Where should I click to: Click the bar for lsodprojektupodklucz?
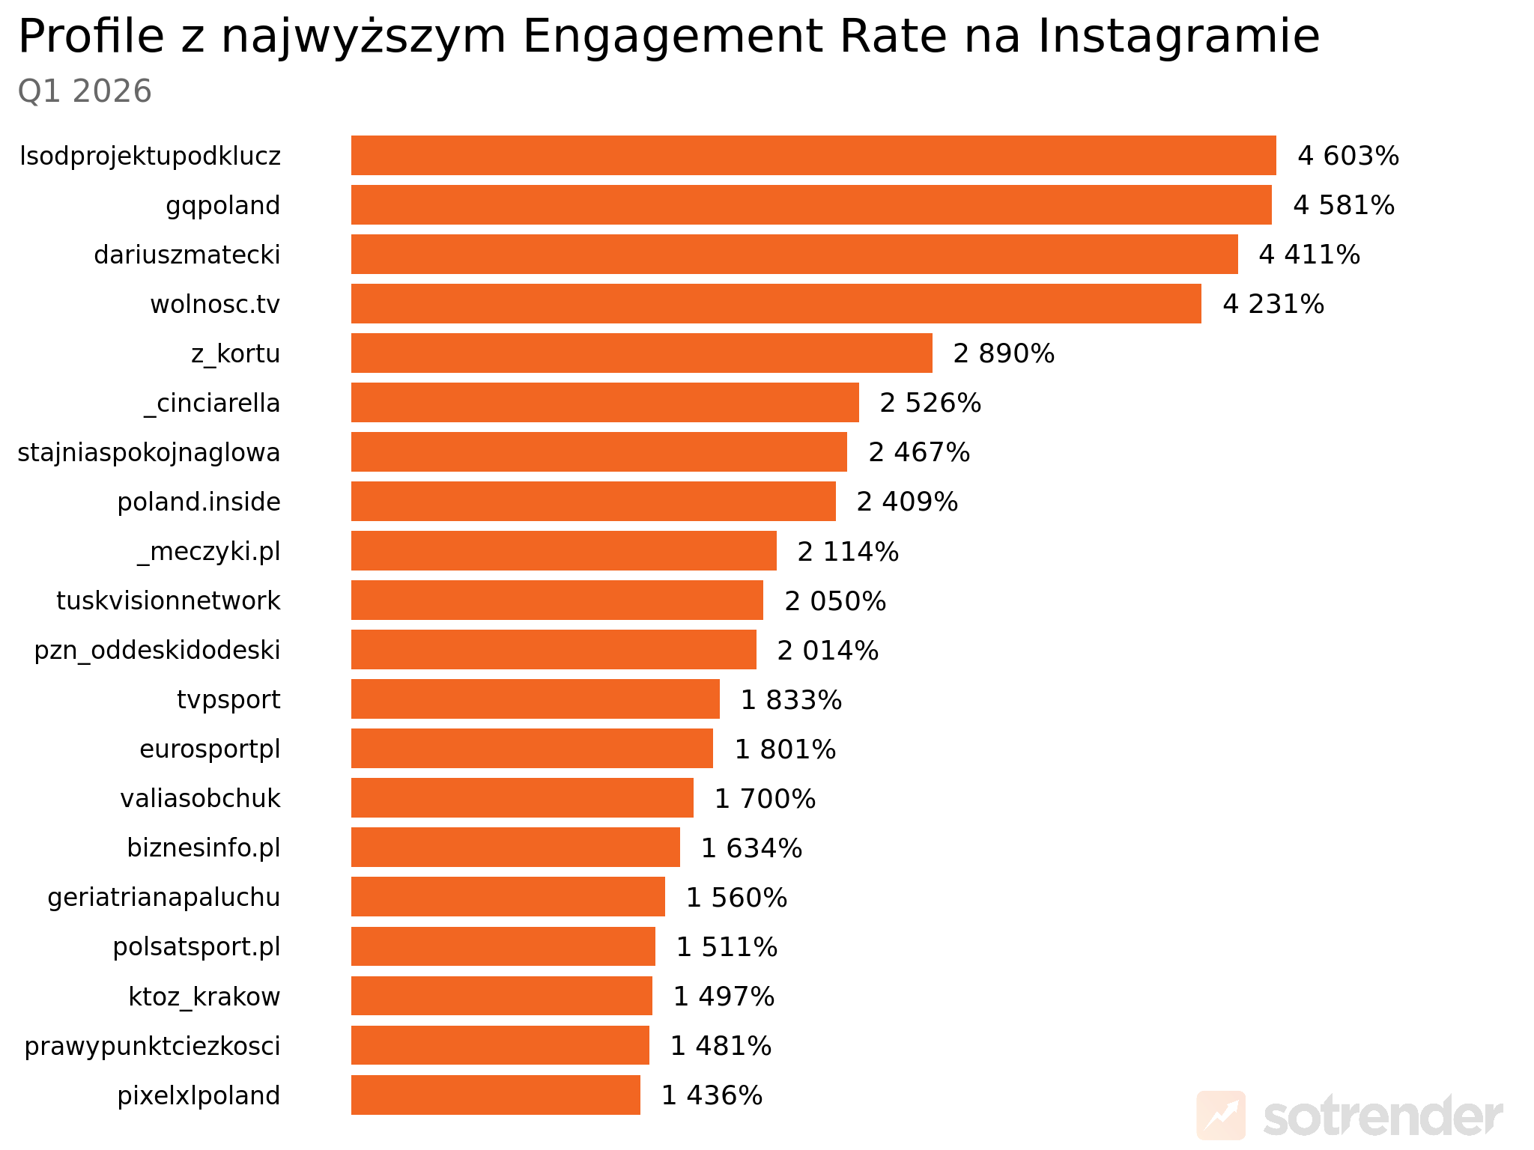coord(813,156)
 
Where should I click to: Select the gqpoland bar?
coord(810,205)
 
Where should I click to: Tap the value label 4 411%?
coord(1309,255)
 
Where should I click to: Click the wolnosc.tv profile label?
coord(215,304)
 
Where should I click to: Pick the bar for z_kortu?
coord(641,353)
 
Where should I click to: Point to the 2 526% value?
coord(930,403)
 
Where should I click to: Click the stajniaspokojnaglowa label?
coord(149,452)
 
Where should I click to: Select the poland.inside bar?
coord(593,502)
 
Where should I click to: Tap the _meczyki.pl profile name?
coord(209,551)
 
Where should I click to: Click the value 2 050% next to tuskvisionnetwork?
coord(834,600)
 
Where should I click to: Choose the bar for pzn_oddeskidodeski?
coord(554,650)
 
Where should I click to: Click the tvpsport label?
coord(228,699)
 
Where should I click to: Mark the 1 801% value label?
coord(784,749)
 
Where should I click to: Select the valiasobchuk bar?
coord(522,798)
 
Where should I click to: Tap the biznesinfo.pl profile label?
coord(204,848)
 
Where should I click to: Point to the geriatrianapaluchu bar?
coord(508,897)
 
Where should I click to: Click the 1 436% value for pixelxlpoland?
coord(711,1095)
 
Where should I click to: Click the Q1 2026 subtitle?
coord(85,91)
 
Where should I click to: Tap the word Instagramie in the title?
coord(1178,36)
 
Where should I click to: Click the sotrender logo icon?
coord(1221,1116)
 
